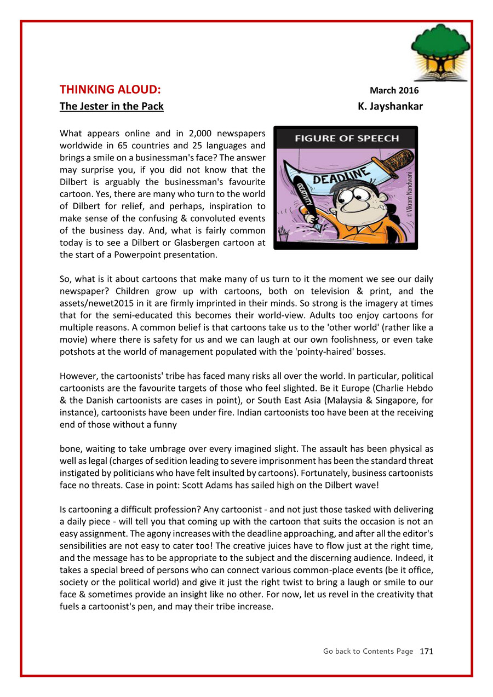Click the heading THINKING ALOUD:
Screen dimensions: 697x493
pos(110,90)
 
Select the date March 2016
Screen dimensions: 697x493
pos(394,90)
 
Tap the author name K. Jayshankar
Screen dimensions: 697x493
pos(390,106)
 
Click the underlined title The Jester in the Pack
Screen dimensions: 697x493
pos(111,106)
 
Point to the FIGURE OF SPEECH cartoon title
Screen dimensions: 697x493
pos(347,139)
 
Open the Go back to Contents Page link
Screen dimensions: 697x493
pos(368,651)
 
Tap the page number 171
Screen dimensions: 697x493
pos(426,651)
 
